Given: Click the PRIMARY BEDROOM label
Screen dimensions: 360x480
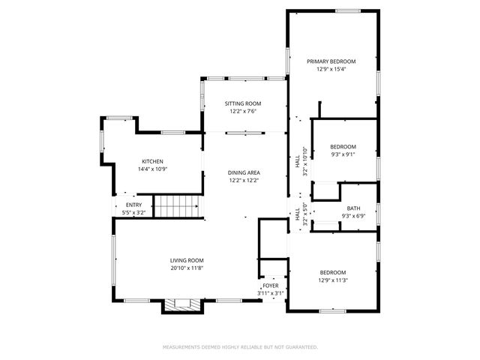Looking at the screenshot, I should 331,61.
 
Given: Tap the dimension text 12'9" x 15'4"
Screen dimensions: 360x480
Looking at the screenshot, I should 331,68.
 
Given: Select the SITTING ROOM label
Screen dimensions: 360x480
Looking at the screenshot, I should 244,103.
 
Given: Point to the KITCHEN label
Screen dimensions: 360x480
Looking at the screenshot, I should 153,161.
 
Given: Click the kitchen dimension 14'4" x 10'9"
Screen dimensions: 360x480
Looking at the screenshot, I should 153,169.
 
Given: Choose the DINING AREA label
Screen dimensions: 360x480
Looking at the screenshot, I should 244,172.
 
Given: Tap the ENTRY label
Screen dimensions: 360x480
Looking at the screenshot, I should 133,205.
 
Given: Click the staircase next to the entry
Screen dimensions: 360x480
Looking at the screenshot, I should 178,204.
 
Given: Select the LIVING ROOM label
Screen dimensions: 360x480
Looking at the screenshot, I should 186,260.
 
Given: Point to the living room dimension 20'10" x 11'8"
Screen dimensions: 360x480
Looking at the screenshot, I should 186,268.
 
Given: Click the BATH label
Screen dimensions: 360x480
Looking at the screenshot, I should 352,209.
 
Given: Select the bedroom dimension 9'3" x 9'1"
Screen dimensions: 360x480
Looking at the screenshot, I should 343,154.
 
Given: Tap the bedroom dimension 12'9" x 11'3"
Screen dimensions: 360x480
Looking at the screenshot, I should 333,280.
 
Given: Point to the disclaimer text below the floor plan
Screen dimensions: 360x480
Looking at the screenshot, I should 240,347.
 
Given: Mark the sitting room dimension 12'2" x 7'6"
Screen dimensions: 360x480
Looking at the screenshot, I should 244,111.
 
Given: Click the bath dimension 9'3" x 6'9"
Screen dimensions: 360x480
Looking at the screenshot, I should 352,217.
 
